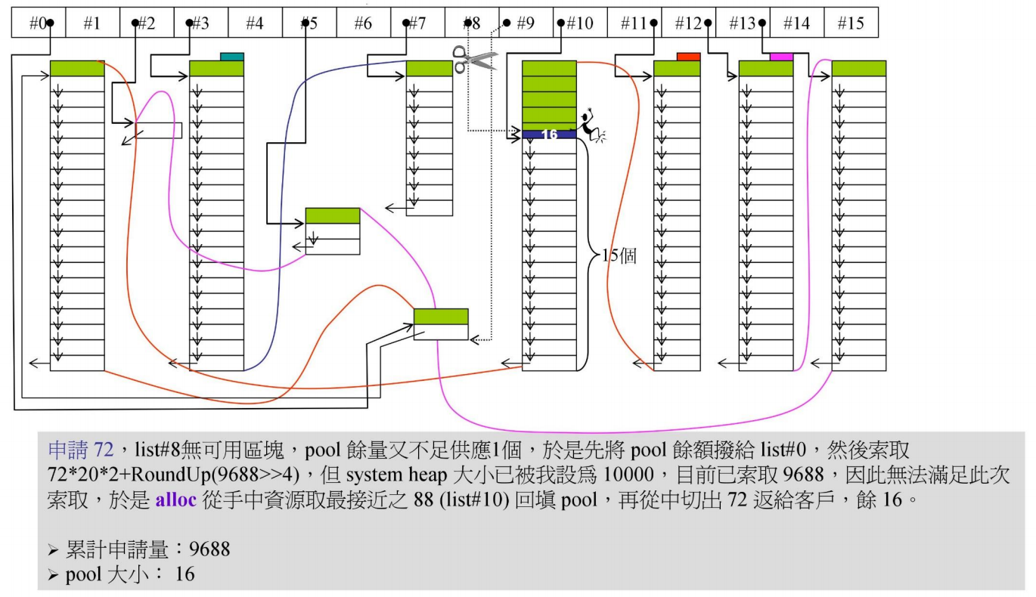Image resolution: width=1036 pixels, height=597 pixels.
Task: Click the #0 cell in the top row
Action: (38, 23)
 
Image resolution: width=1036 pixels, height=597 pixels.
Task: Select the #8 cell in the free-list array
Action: (472, 23)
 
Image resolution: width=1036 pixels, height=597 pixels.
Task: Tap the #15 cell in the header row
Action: (851, 23)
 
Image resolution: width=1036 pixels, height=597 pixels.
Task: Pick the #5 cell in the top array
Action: (309, 23)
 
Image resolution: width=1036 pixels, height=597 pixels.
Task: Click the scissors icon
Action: (474, 59)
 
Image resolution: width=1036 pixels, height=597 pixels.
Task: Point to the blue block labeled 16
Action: (549, 135)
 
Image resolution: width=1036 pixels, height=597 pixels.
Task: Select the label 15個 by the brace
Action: (618, 255)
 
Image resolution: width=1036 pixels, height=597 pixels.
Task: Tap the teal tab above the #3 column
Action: (232, 57)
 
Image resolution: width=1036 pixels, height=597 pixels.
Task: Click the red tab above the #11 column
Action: (688, 57)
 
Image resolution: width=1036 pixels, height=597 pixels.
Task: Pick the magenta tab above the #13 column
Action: (781, 57)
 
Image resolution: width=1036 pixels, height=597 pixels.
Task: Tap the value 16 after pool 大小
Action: (185, 574)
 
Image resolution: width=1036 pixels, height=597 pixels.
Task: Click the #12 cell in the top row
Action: (689, 23)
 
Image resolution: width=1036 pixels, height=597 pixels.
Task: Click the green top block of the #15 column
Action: (858, 69)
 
